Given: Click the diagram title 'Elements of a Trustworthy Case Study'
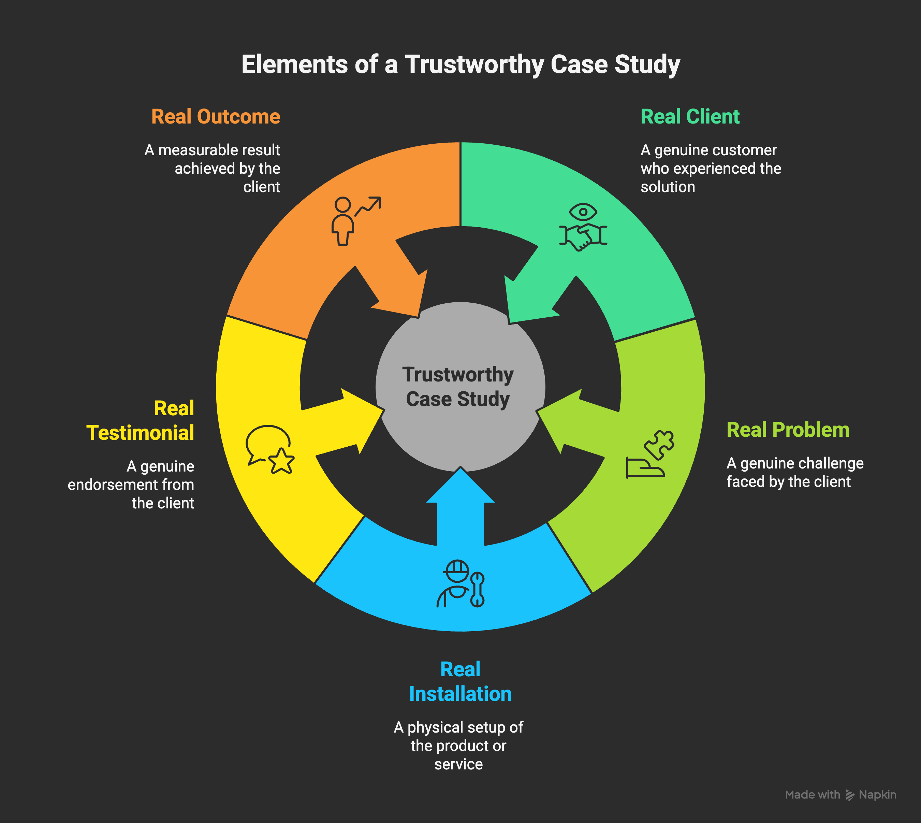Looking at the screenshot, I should click(460, 64).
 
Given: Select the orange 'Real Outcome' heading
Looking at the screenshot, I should click(216, 117).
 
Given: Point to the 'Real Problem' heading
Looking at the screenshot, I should click(788, 430).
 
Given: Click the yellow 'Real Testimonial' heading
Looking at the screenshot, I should click(140, 421).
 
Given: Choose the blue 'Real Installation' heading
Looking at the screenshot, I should click(460, 681).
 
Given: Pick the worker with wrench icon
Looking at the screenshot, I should click(460, 584).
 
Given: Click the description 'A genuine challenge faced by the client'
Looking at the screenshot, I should click(794, 473).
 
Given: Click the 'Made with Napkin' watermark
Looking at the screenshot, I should click(840, 795).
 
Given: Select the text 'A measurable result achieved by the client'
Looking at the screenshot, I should click(213, 168).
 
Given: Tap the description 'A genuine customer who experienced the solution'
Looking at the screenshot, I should click(710, 168).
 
